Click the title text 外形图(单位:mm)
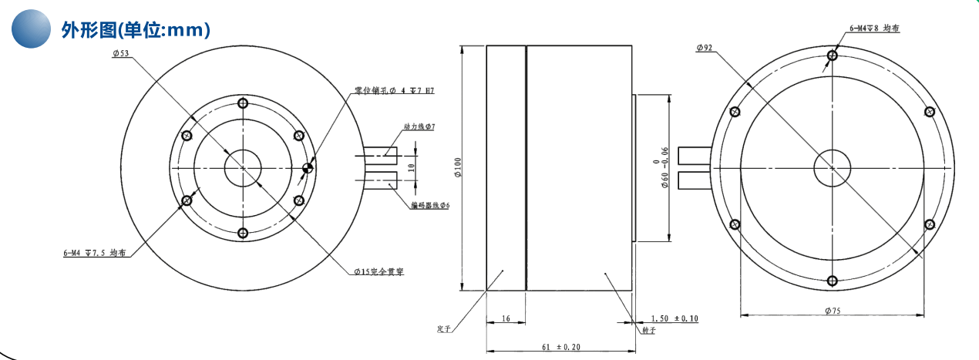(x=136, y=30)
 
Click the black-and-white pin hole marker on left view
(x=308, y=168)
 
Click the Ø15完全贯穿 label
(x=379, y=271)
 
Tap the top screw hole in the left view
(x=243, y=103)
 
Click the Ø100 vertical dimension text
(x=458, y=167)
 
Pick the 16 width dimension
(x=506, y=318)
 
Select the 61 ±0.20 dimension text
(x=560, y=348)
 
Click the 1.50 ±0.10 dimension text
(x=675, y=318)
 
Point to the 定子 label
(x=443, y=329)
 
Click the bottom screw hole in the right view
(x=832, y=281)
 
